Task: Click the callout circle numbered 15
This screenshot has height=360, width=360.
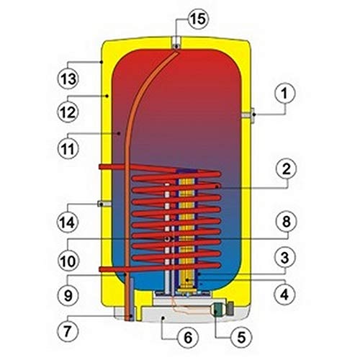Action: [199, 19]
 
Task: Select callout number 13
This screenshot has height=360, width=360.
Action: [68, 78]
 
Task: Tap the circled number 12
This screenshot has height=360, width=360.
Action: [68, 112]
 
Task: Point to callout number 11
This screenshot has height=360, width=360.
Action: [68, 148]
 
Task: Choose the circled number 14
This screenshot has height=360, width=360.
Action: [68, 222]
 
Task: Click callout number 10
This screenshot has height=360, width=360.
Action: [68, 261]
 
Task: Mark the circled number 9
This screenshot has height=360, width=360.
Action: [68, 295]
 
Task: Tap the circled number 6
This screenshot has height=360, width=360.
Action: [188, 337]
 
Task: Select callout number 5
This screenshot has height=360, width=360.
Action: [241, 337]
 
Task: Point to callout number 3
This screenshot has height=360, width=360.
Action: [285, 258]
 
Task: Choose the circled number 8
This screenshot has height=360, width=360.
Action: [286, 221]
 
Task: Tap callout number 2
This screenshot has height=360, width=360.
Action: [286, 169]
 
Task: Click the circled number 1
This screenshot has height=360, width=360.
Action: [284, 94]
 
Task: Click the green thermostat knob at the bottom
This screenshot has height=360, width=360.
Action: [218, 310]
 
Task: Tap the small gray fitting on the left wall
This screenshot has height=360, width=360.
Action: [104, 204]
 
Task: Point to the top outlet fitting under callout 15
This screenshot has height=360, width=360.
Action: [176, 43]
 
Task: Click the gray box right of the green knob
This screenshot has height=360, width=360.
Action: [230, 308]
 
